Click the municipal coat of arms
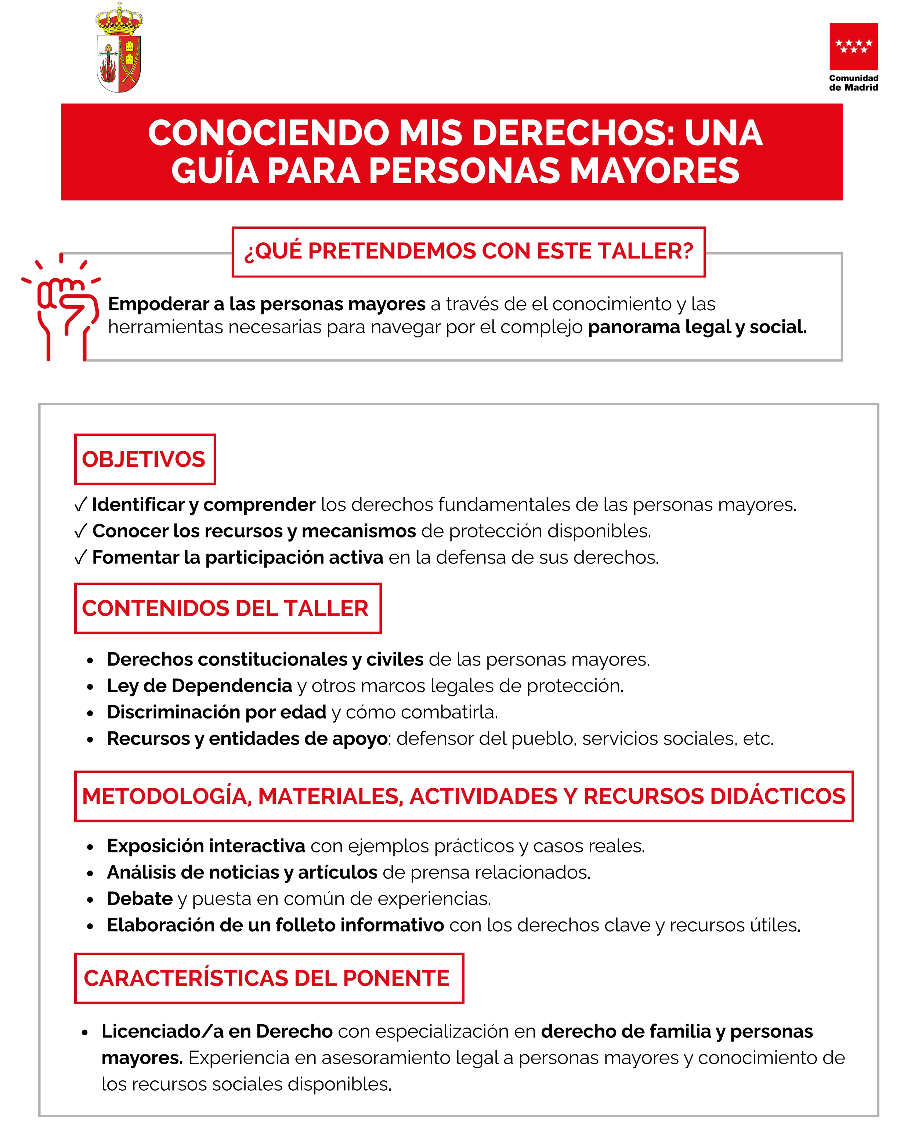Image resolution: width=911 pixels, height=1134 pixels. pos(119,48)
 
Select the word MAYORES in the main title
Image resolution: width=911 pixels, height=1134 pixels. pos(654,171)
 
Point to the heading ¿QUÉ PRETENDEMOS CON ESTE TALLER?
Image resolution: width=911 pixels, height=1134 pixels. pos(468,251)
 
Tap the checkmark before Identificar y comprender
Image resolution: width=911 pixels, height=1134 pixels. pos(80,505)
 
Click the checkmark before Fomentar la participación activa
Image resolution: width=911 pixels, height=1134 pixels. pos(80,558)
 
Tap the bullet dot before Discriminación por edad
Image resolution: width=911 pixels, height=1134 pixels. pos(90,714)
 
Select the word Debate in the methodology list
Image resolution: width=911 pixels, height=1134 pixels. pos(140,899)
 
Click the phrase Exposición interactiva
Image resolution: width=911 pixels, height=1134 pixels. pos(206,846)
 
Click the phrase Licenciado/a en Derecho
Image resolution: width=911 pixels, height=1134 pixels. pos(217,1032)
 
